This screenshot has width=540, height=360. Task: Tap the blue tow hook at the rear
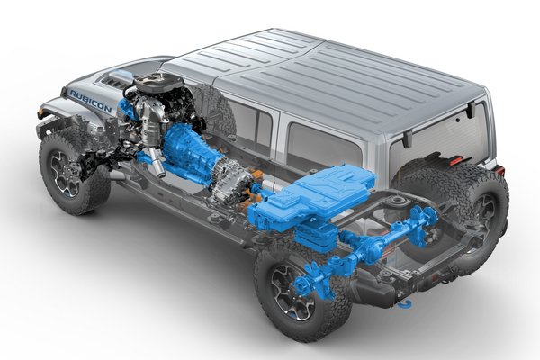(406, 304)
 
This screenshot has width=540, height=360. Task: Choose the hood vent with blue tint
(121, 76)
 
